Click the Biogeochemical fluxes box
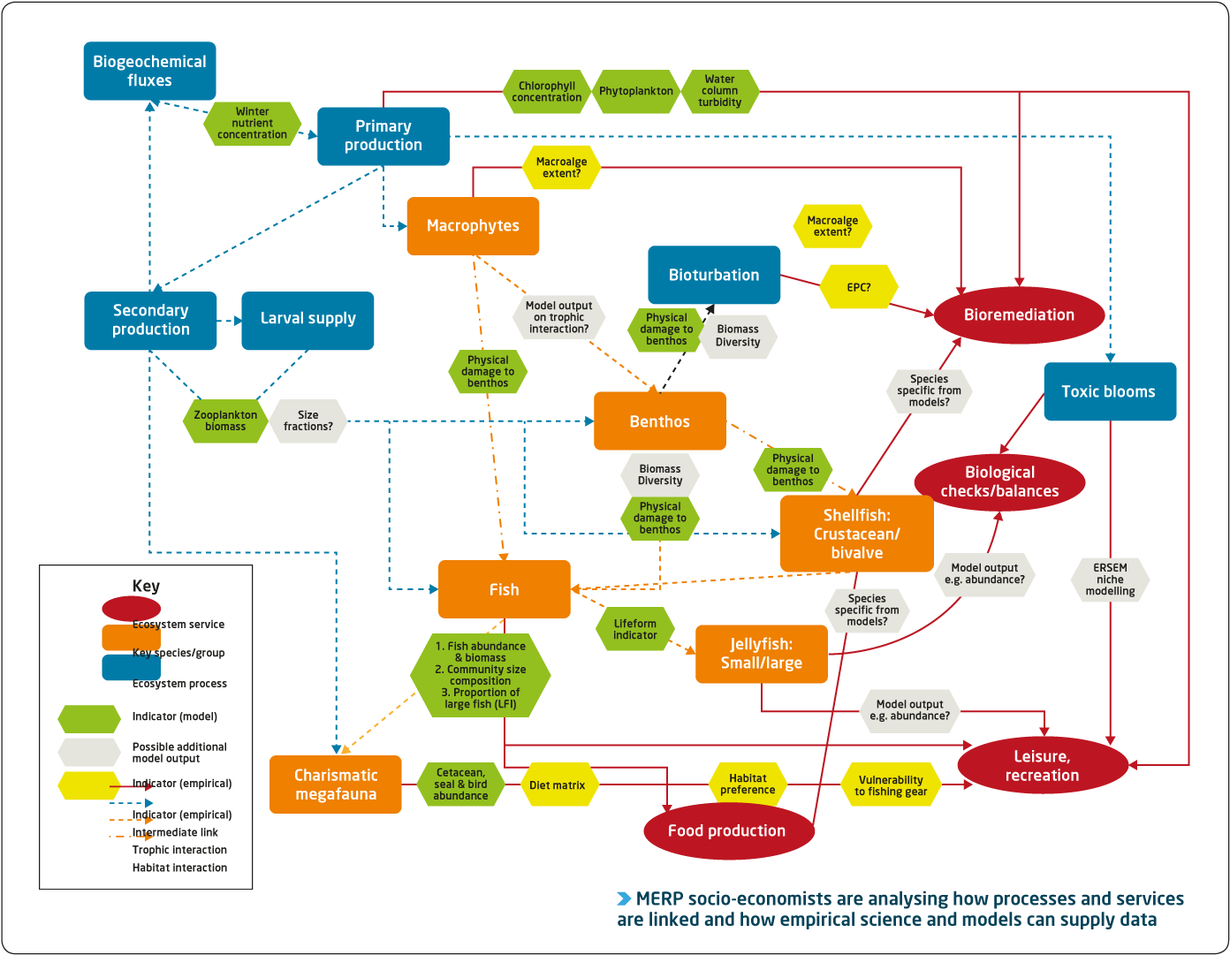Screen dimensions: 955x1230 [x=149, y=71]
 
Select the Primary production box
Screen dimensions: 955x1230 [x=383, y=136]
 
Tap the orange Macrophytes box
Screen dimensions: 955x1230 [x=473, y=226]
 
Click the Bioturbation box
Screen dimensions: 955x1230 [x=714, y=275]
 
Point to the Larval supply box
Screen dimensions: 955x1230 [x=307, y=320]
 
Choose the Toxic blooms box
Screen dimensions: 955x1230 [x=1109, y=391]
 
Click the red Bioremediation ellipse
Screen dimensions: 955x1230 [x=1019, y=315]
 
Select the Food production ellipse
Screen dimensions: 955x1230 [x=727, y=831]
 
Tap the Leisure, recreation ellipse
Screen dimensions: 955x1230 [x=1042, y=766]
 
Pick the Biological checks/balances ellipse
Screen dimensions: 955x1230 [x=999, y=482]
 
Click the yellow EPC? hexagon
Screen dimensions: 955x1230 [x=858, y=288]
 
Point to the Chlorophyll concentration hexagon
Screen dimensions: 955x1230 [x=546, y=92]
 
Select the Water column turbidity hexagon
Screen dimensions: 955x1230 [x=720, y=91]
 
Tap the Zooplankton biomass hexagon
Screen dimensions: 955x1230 [x=225, y=421]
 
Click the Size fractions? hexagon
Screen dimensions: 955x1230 [x=307, y=421]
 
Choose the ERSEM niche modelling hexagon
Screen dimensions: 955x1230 [x=1110, y=580]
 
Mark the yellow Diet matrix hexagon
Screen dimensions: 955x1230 [x=558, y=785]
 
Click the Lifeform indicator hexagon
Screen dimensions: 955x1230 [x=634, y=629]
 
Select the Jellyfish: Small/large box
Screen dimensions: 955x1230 [x=761, y=654]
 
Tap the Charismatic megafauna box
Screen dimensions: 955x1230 [x=336, y=784]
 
